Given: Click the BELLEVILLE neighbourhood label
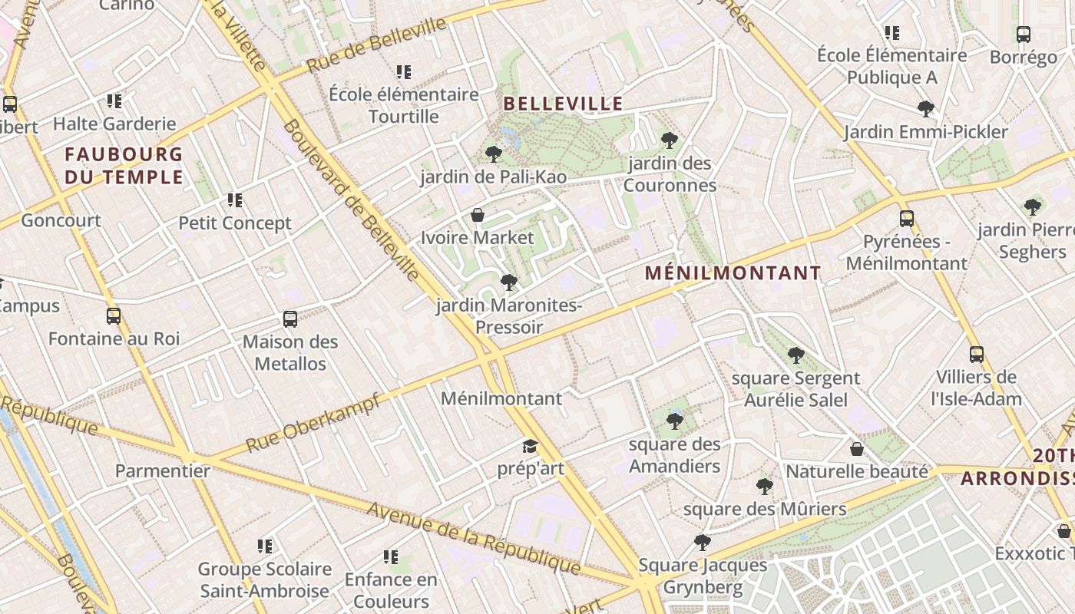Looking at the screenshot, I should tap(563, 104).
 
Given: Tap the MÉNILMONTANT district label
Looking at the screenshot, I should tap(733, 273).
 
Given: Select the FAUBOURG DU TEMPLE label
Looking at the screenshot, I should tap(124, 166).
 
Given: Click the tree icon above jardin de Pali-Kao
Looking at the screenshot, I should tap(494, 154).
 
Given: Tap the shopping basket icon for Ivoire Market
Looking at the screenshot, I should tap(478, 215).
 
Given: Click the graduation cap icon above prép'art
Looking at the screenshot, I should tap(530, 446).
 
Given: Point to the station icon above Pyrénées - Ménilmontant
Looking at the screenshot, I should tap(907, 219).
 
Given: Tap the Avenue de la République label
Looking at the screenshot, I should tap(473, 537).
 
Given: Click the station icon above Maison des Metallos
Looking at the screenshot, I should tap(290, 319).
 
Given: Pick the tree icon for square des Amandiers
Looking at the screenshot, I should tap(675, 421).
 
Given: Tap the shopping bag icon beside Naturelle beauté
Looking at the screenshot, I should tap(857, 449).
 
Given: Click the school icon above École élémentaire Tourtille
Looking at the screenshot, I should tap(404, 72).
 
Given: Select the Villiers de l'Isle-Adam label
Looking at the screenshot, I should tap(976, 388).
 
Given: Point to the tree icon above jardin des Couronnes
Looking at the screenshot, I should tap(669, 140).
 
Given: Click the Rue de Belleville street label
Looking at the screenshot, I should tap(376, 45).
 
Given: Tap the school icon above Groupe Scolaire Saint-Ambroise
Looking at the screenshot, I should tap(265, 546).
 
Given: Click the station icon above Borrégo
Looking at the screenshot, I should tap(1024, 35).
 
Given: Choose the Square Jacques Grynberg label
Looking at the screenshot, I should tap(703, 576).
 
